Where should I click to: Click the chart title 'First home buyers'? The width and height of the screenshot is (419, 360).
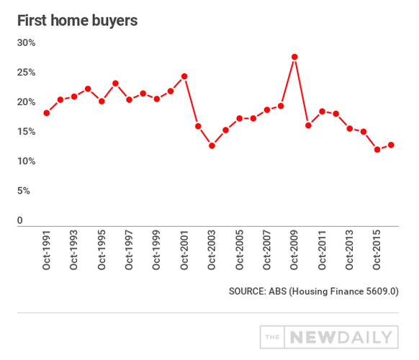click(x=77, y=20)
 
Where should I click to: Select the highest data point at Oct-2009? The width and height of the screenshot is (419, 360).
click(x=294, y=57)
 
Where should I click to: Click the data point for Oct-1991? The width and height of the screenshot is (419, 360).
click(x=46, y=113)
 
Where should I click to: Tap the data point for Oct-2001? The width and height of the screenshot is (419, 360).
click(x=184, y=76)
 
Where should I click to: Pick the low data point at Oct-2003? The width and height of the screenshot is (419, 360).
click(x=212, y=146)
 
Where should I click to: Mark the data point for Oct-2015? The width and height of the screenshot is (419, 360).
click(x=377, y=150)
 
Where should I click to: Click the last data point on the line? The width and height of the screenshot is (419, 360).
click(x=391, y=145)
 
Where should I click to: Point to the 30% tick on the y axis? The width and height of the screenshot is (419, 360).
click(x=27, y=43)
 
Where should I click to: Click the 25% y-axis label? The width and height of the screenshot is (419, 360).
click(x=27, y=73)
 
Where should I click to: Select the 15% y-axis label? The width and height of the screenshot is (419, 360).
click(x=27, y=132)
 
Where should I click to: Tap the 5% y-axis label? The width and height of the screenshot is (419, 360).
click(x=24, y=191)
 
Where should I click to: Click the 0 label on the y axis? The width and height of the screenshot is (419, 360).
click(x=21, y=220)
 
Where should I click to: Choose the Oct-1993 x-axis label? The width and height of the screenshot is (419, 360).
click(x=74, y=251)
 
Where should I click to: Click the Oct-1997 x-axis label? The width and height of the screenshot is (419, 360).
click(x=130, y=251)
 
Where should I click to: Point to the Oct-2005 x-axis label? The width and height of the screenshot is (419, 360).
click(x=240, y=251)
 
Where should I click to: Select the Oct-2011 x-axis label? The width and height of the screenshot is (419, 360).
click(x=323, y=251)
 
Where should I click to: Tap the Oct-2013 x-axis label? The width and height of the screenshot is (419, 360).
click(x=350, y=251)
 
